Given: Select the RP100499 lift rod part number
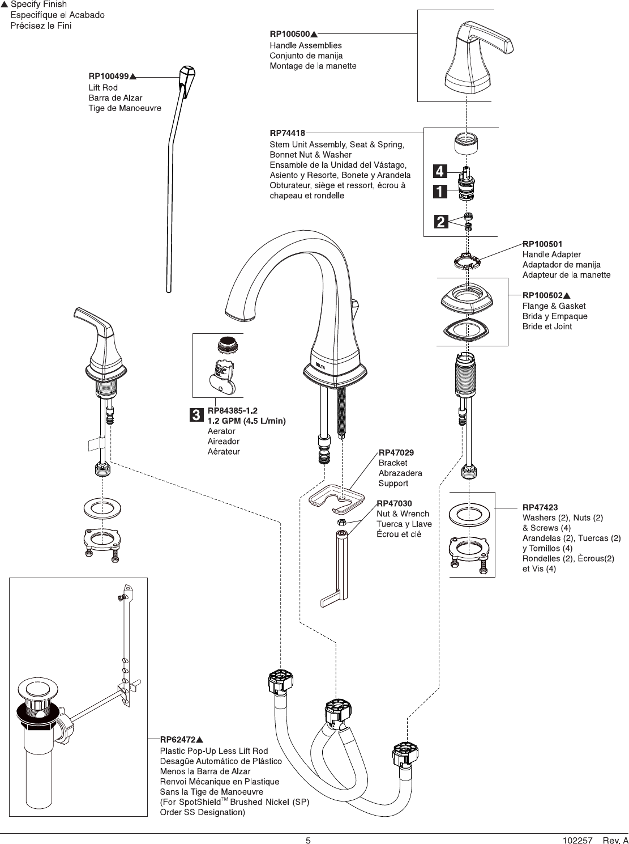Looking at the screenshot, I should click(x=109, y=76).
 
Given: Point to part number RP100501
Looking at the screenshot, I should click(x=542, y=244).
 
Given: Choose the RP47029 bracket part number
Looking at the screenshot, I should click(x=396, y=452).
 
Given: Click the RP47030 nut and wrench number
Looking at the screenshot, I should click(x=394, y=503).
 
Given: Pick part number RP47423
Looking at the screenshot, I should click(x=540, y=507).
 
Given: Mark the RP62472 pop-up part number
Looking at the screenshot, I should click(x=178, y=740).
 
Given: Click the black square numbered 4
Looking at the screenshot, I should click(x=440, y=171).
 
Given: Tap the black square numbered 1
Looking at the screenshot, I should click(x=440, y=192).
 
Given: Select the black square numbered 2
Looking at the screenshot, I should click(x=440, y=221).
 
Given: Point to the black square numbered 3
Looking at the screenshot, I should click(x=195, y=415).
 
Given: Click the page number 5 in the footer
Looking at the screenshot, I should click(x=308, y=841).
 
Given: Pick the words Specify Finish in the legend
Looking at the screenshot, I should click(x=38, y=5).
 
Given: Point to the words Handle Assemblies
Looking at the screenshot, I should click(x=306, y=45).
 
